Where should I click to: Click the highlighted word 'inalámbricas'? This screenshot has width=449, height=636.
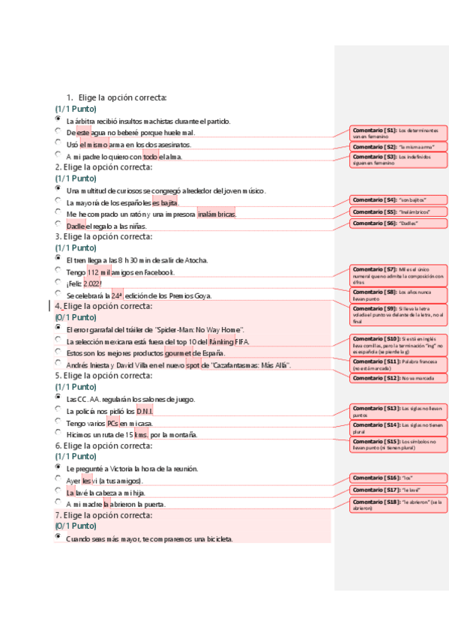[216, 214]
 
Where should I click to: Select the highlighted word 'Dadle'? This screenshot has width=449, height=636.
[76, 226]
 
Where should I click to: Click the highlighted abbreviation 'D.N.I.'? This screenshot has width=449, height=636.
[145, 411]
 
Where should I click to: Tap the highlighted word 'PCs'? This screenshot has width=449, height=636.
[113, 423]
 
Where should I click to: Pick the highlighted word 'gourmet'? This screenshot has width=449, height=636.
[179, 352]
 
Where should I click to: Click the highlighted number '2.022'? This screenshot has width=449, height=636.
[91, 283]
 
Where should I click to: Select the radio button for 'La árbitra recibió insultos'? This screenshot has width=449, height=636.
[58, 118]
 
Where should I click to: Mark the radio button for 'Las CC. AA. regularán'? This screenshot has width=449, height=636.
[58, 397]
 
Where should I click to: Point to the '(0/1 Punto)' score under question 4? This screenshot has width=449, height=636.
[76, 317]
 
